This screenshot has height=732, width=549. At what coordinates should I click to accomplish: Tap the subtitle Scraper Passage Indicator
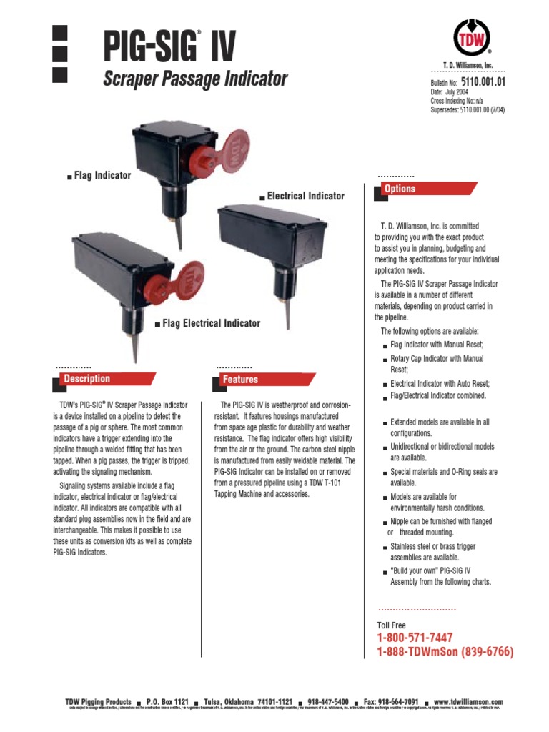click(x=196, y=79)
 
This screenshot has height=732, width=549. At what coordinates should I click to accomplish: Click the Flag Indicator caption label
click(x=102, y=175)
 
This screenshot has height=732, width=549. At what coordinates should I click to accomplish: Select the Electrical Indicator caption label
click(x=305, y=196)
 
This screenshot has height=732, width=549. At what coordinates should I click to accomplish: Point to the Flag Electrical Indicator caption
click(x=211, y=323)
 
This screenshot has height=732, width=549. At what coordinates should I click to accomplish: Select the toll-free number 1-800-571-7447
click(x=415, y=638)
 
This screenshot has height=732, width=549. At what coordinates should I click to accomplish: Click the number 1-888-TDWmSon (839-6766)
click(x=445, y=652)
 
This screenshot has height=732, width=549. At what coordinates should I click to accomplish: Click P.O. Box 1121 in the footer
click(x=167, y=702)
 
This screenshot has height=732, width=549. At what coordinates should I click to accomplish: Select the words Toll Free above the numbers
click(x=391, y=625)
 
